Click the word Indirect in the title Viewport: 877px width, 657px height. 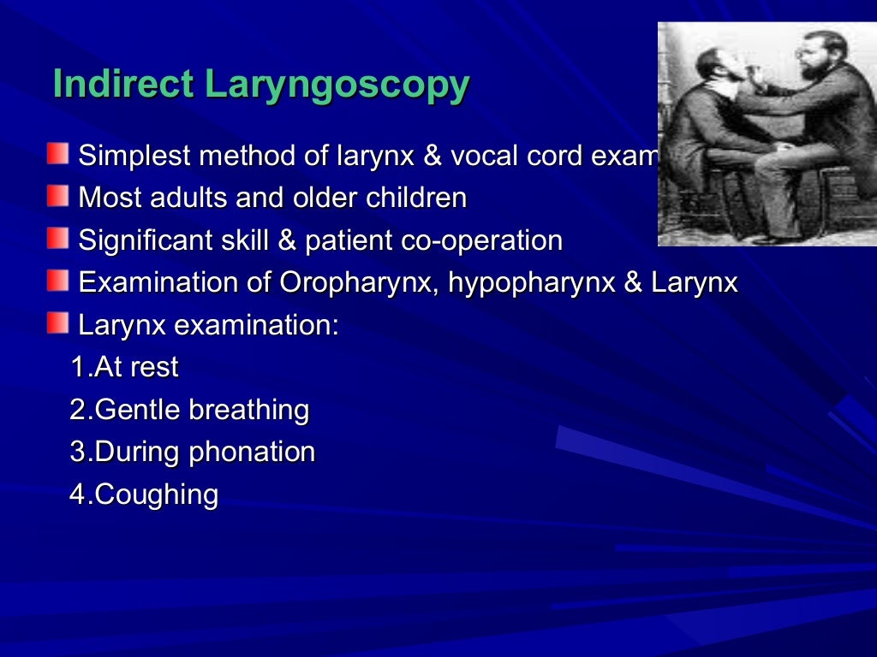click(124, 85)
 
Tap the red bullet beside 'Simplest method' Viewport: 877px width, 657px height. click(57, 154)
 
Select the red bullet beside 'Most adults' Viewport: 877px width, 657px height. click(57, 196)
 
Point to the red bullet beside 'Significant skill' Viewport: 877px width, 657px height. click(57, 238)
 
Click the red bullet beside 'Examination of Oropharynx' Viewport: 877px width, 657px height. click(57, 280)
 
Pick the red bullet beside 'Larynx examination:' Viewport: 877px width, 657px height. click(57, 323)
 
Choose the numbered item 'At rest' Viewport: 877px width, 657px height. click(124, 367)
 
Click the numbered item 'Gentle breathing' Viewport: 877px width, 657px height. click(189, 410)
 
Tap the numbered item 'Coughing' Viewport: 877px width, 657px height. click(144, 494)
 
